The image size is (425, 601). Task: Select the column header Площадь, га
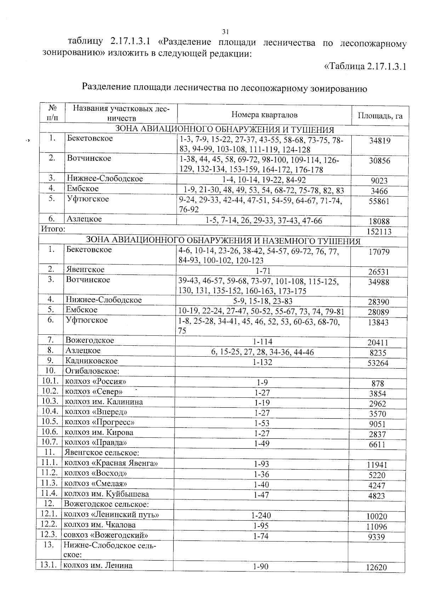click(380, 116)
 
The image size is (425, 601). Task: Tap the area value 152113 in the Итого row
click(379, 232)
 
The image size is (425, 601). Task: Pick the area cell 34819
click(380, 141)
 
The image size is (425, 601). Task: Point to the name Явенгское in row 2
click(85, 270)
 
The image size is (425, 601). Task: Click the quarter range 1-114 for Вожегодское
click(262, 342)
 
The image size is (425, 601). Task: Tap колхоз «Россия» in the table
click(95, 381)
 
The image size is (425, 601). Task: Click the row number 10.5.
click(50, 422)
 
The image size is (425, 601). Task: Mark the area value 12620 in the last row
click(376, 567)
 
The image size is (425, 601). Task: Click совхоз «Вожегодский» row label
click(105, 535)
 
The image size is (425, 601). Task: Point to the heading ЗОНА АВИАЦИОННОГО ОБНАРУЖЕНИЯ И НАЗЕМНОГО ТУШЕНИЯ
click(223, 242)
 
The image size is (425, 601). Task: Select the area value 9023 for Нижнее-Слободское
click(379, 181)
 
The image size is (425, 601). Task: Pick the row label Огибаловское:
click(92, 371)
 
